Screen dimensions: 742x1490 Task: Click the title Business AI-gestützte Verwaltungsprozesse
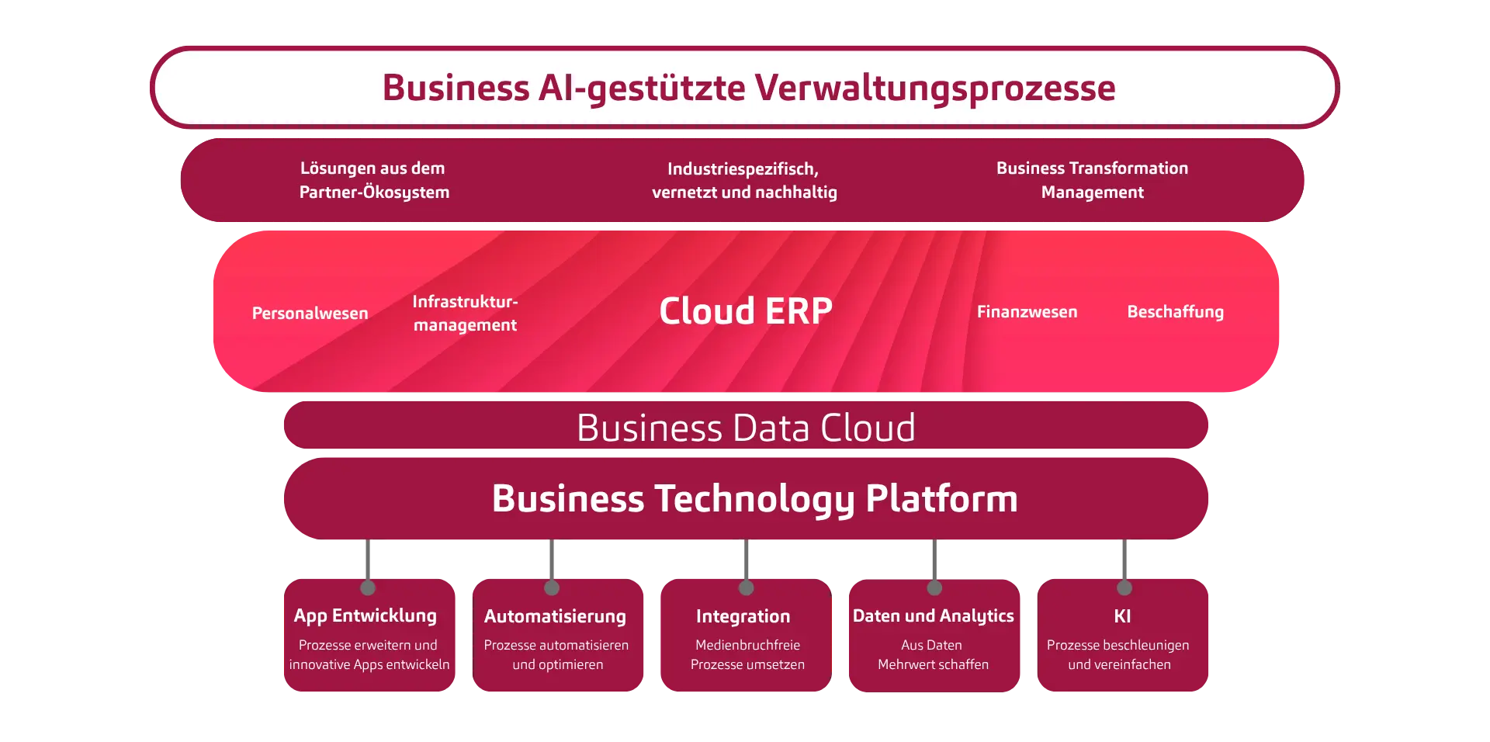tap(748, 88)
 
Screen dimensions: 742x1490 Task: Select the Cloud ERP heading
tap(746, 311)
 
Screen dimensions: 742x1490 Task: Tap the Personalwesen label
tap(310, 314)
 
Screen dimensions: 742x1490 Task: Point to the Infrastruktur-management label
tap(465, 314)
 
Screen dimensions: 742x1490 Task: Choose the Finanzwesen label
tap(1027, 312)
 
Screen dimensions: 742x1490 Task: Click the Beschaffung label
tap(1175, 312)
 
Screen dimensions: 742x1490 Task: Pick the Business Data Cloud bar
tap(746, 428)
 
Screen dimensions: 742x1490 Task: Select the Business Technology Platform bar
tap(754, 498)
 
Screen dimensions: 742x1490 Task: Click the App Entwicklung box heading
tap(365, 615)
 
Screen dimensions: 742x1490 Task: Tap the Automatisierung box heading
tap(555, 616)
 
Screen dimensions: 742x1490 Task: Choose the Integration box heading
tap(743, 616)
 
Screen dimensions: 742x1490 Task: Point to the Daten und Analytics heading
tap(933, 615)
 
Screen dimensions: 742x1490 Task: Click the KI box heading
tap(1122, 616)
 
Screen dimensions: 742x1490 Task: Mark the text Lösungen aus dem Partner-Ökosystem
tap(374, 180)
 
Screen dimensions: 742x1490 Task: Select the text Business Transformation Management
tap(1092, 180)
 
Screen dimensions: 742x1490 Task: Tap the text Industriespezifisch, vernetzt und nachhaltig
tap(744, 181)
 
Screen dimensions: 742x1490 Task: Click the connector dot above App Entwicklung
tap(368, 588)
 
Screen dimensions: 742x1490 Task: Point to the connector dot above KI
tap(1124, 588)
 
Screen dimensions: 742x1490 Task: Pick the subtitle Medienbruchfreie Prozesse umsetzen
tap(747, 655)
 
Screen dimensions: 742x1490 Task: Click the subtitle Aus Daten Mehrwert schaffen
tap(933, 655)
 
